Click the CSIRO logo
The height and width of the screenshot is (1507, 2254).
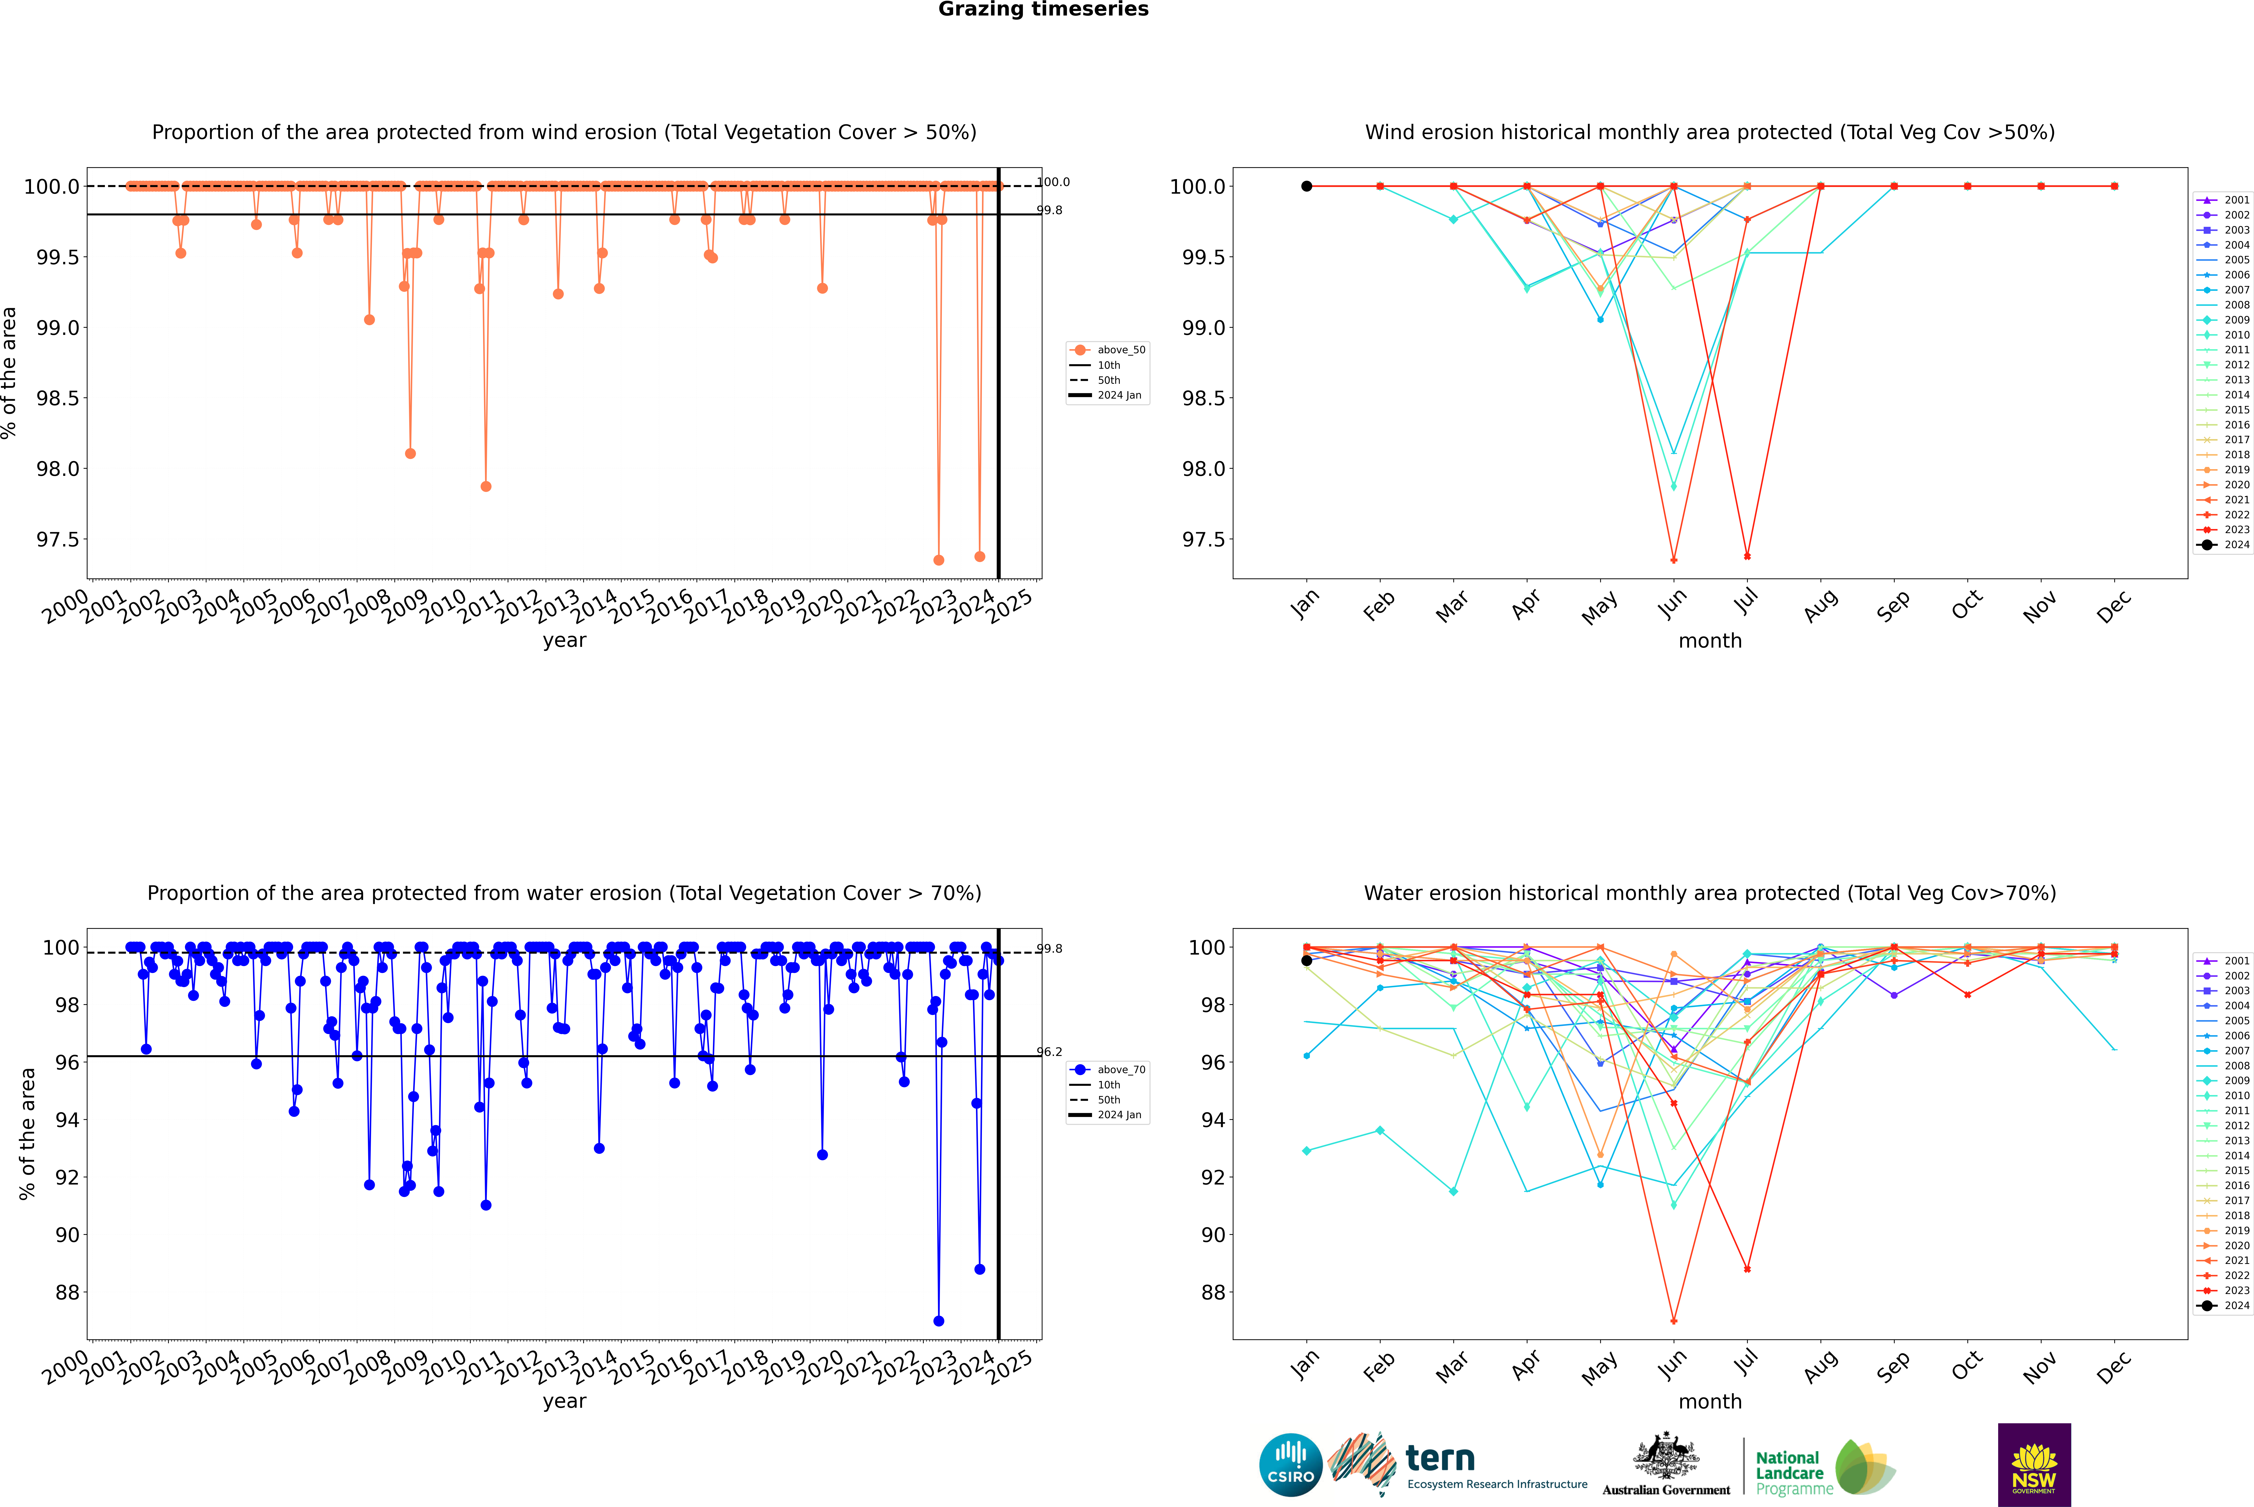1290,1465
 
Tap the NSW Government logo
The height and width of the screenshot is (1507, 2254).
2034,1465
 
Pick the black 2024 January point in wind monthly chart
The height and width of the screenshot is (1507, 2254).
1307,187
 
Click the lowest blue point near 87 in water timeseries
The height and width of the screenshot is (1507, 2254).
939,1320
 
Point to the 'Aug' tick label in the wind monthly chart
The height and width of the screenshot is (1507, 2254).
1821,605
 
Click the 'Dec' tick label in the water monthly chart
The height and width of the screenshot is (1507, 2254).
2114,1367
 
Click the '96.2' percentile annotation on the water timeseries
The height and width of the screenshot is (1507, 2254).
1049,1051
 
